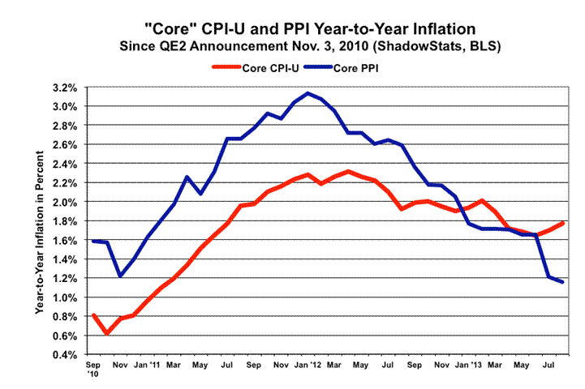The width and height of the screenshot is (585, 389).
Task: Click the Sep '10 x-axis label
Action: click(x=93, y=371)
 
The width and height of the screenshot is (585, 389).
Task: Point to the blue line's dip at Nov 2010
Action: click(x=120, y=276)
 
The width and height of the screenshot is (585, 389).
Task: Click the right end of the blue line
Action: click(x=564, y=282)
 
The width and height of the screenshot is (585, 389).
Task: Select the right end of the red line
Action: click(x=564, y=222)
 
